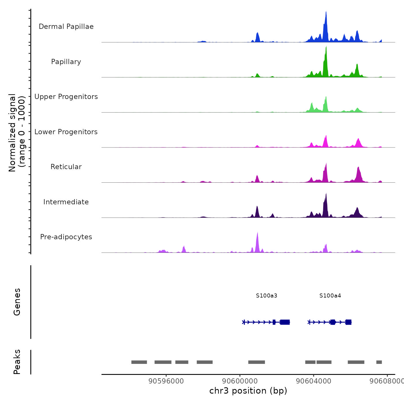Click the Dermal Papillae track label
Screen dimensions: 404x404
[x=66, y=27]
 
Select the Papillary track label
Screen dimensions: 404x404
[x=66, y=62]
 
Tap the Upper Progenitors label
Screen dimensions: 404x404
[x=66, y=97]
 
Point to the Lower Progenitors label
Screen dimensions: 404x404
[x=66, y=132]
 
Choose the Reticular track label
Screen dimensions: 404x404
[x=66, y=167]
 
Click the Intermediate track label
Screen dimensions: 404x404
[x=66, y=202]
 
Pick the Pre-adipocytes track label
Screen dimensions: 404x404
[x=66, y=237]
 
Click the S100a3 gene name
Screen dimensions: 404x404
[x=266, y=295]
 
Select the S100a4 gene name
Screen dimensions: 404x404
[x=330, y=295]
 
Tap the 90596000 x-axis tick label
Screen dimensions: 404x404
[x=166, y=381]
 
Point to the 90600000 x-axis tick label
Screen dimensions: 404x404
[x=240, y=381]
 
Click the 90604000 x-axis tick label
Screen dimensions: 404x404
[x=313, y=381]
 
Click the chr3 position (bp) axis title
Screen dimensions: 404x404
[x=248, y=391]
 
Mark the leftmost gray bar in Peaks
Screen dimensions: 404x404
[x=139, y=362]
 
